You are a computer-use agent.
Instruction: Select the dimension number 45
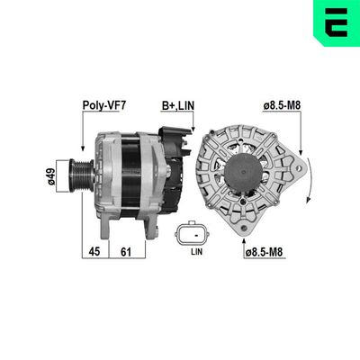pos(94,253)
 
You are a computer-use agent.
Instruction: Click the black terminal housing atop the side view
pos(174,144)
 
